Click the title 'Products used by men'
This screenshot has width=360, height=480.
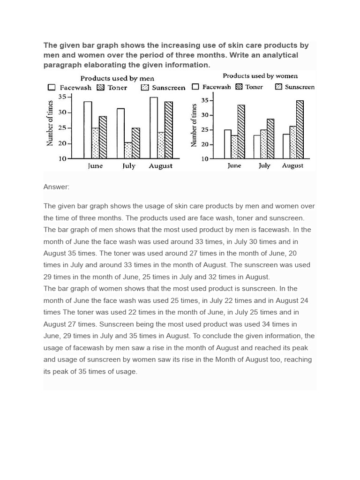117,78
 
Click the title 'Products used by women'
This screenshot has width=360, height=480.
260,76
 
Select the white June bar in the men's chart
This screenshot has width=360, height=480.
88,130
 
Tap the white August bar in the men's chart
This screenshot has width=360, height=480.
154,127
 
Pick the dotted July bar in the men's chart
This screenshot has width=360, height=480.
128,150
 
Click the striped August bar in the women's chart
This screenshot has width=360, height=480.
300,129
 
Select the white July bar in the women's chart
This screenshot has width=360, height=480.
257,147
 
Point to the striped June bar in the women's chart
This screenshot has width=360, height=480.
241,132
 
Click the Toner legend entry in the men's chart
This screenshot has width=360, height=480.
112,88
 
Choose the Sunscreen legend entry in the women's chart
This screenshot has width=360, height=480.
295,87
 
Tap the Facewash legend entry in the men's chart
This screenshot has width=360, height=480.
70,88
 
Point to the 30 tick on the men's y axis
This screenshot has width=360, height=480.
62,112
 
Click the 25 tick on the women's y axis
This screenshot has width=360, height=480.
204,130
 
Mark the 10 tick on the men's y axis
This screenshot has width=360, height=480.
62,159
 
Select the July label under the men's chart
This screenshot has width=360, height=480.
128,166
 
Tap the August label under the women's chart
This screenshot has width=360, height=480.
292,166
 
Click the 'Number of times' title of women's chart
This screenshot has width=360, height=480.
194,126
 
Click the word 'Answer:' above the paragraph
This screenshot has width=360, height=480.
56,187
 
